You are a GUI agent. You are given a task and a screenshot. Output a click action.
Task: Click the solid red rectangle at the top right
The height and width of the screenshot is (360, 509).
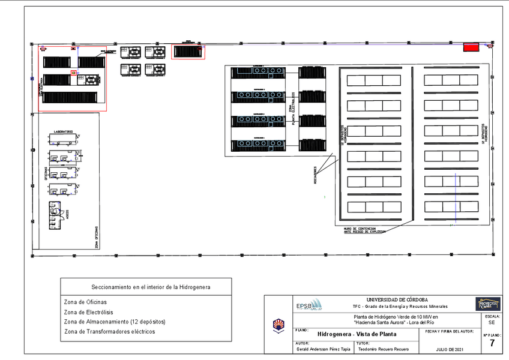[x=471, y=47]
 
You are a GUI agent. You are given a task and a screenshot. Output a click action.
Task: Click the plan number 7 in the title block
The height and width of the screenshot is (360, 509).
[x=492, y=344]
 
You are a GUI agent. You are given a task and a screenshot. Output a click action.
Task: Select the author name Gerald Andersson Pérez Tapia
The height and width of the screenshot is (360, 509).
[x=321, y=349]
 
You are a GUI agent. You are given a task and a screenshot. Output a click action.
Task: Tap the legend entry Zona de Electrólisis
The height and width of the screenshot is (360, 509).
[x=89, y=312]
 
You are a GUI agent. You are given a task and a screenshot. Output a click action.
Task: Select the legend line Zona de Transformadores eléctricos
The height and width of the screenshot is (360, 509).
[x=109, y=331]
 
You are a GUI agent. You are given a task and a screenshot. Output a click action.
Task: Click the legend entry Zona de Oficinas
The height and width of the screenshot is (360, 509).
[x=85, y=302]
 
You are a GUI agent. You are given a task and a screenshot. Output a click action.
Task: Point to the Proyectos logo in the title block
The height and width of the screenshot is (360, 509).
[x=487, y=304]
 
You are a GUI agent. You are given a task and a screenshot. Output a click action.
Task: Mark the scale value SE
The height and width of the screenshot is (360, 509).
[x=492, y=322]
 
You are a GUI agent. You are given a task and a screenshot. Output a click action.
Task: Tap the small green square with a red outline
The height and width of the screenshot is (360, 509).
[x=73, y=73]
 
